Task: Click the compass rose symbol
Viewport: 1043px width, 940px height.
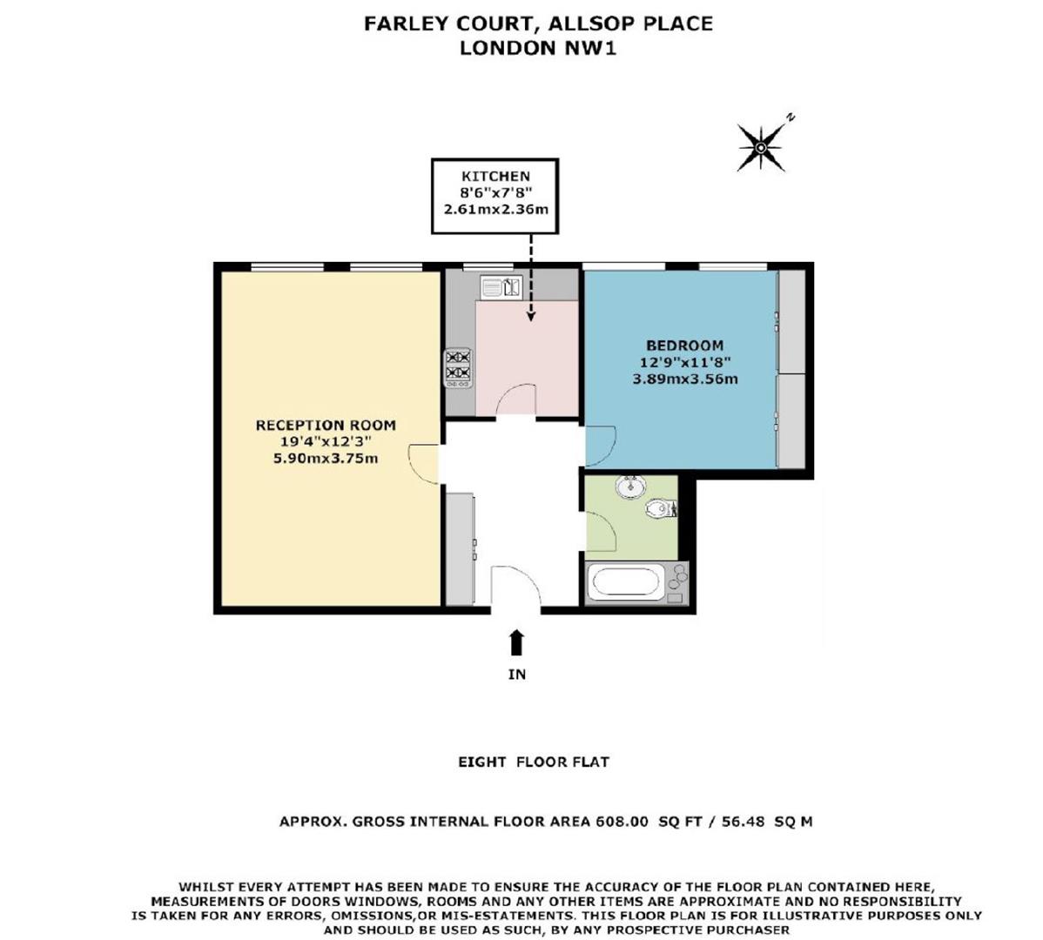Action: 760,147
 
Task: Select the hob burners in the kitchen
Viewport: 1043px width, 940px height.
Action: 458,366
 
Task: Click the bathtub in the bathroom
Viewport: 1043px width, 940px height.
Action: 636,582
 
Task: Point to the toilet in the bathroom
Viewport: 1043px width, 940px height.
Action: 663,508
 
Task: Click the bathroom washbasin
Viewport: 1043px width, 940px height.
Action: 629,487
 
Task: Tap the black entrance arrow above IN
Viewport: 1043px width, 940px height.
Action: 517,641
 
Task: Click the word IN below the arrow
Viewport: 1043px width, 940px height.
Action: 517,674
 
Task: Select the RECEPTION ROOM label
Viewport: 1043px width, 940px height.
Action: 326,426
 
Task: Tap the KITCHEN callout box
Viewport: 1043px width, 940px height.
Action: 495,196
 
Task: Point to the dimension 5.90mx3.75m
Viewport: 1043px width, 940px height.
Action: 326,458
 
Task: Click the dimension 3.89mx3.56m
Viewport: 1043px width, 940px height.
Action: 684,379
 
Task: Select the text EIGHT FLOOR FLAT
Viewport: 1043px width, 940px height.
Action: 534,762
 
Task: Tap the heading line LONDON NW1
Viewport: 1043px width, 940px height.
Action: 537,48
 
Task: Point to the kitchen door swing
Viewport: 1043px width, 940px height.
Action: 514,400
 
